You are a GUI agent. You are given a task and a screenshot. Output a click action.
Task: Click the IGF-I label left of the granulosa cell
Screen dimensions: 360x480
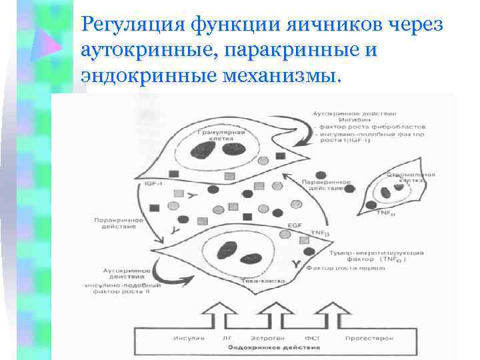154,183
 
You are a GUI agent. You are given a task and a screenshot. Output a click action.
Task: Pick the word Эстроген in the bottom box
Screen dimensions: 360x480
267,338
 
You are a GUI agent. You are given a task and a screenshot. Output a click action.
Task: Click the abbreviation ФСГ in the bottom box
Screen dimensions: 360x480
311,338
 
